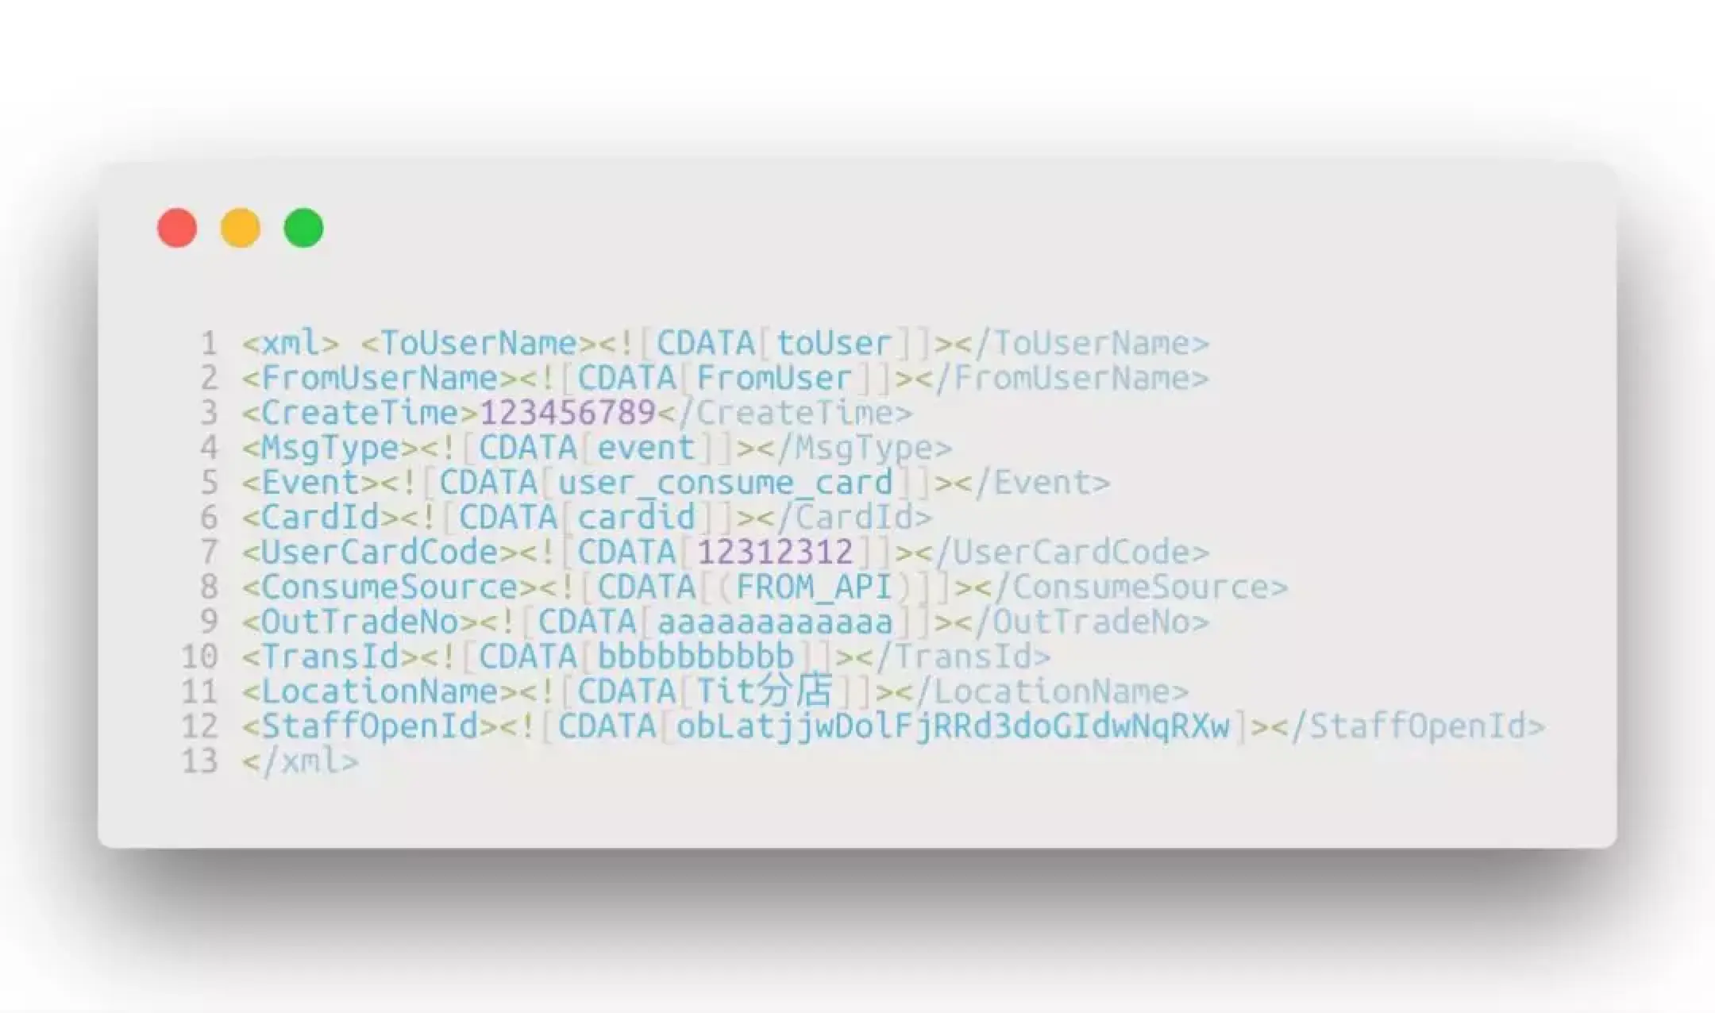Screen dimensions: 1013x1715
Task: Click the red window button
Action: [177, 229]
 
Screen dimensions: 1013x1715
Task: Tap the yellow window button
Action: [240, 229]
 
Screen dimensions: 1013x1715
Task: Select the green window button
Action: [303, 229]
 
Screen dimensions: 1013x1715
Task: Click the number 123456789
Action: [568, 413]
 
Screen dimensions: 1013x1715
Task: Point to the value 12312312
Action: [775, 553]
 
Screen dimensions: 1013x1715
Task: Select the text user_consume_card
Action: [725, 483]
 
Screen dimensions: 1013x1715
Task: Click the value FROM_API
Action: [814, 587]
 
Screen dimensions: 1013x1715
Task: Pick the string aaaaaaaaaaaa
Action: [775, 622]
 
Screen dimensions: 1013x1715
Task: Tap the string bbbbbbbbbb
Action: [696, 657]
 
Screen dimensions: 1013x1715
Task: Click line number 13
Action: [199, 761]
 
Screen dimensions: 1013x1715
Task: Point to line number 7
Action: [209, 553]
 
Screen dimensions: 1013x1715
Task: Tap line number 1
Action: [209, 344]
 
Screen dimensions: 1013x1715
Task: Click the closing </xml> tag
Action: [301, 761]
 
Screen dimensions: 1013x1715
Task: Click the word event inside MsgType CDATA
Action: [646, 448]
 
